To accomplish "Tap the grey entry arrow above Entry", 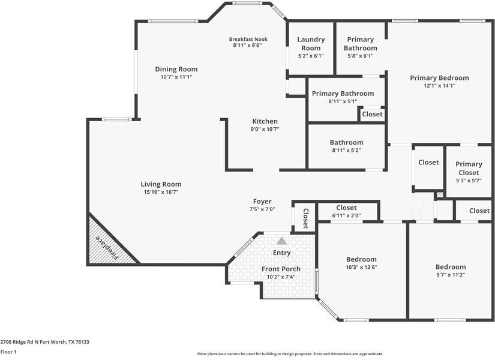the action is click(282, 241).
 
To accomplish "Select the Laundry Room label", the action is click(311, 44).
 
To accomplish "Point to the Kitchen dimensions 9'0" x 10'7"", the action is click(265, 129).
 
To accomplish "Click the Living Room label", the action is click(161, 184).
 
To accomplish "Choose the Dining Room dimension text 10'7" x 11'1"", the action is click(176, 77).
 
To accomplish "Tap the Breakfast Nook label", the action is click(248, 39).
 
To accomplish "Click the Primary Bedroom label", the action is click(439, 77).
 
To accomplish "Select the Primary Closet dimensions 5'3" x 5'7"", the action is click(469, 181).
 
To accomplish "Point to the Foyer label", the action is click(262, 201).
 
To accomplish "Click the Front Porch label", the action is click(281, 269).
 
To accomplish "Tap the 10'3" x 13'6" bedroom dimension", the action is click(361, 267).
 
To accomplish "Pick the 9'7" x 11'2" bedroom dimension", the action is click(451, 275).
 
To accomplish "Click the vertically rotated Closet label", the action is click(305, 218).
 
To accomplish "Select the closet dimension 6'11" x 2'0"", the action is click(346, 215).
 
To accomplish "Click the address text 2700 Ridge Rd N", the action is click(19, 342).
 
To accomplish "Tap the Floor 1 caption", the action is click(8, 352).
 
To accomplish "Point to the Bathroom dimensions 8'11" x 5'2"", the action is click(346, 151).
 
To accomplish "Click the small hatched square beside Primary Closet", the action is click(440, 195).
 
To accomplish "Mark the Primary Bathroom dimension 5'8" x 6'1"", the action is click(361, 56).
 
